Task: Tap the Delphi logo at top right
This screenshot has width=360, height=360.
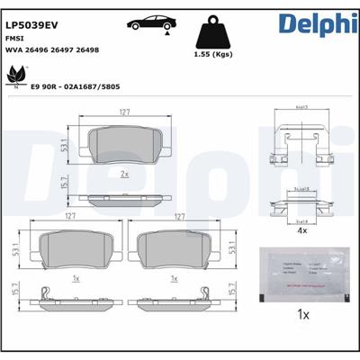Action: pos(312,24)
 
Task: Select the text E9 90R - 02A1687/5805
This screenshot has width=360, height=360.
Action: pos(76,88)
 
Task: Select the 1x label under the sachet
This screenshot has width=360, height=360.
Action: pos(303,316)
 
